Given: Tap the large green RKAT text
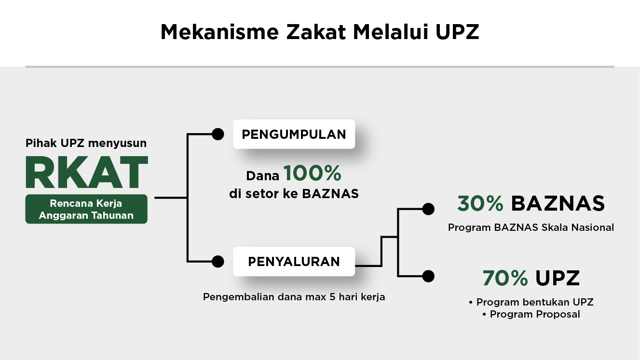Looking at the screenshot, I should point(86,172).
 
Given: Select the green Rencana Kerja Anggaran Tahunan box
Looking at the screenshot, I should point(86,209).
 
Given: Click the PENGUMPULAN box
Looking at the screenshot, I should point(294,134).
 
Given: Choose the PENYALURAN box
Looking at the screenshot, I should point(294,262).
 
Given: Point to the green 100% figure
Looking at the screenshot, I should point(312,173).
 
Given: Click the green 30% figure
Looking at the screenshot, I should point(480,204).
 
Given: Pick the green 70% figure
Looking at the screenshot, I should point(505,278).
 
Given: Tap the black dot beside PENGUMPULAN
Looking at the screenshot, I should point(218,134).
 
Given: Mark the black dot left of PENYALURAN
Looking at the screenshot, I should point(218,262).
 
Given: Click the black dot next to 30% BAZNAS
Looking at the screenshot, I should point(428,209).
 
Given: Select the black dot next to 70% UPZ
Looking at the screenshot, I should point(428,276).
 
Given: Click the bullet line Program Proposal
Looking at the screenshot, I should point(531,315).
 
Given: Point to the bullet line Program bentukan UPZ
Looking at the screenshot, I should point(531,303).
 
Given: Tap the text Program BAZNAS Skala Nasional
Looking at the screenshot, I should point(531,227).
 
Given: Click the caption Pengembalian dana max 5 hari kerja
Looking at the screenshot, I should point(294,297).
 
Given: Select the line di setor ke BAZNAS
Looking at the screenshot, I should point(294,194).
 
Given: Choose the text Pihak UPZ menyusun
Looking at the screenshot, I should point(86,143).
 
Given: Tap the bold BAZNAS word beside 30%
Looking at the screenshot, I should point(558,204).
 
